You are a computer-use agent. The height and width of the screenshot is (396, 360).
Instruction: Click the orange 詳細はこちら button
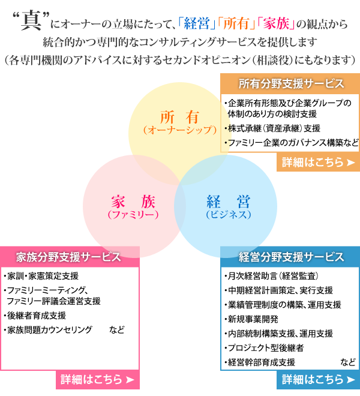318,162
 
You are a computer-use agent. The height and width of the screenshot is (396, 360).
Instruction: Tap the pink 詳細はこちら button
98,380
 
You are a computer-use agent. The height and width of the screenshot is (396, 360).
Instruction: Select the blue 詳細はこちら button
318,380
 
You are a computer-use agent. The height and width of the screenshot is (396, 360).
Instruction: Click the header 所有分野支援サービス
291,84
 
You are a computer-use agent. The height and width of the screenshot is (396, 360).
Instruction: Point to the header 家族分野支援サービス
68,257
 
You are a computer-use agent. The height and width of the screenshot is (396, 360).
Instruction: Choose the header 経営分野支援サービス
291,257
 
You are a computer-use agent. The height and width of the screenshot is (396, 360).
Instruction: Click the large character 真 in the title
31,20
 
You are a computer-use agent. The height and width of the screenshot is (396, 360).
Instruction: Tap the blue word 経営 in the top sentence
197,24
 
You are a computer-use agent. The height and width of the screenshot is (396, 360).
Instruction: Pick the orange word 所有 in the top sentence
236,24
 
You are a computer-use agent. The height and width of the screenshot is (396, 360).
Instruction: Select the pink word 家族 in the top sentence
276,24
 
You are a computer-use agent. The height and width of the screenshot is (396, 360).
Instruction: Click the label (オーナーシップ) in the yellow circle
180,130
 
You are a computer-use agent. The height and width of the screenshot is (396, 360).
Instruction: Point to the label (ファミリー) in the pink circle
133,215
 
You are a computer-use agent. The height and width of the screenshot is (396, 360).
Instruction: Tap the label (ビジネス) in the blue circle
229,215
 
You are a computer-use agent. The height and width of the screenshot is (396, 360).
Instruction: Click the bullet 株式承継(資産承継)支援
272,128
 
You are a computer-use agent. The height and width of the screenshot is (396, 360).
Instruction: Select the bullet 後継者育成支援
35,316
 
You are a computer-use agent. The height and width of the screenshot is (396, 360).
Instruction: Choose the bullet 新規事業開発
251,319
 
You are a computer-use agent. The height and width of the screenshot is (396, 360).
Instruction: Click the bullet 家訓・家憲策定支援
41,276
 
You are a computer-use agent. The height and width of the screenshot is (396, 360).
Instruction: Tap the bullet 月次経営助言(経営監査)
272,276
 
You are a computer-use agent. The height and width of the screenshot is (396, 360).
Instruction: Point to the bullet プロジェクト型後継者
264,348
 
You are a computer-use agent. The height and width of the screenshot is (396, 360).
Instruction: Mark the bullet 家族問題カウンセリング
48,330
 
